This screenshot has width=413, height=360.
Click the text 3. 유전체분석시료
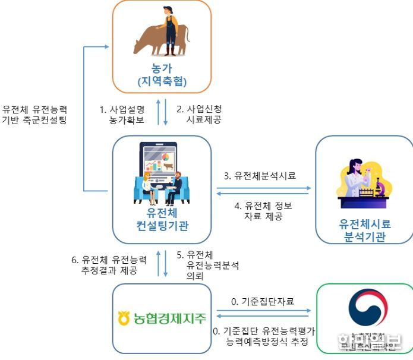tap(260, 175)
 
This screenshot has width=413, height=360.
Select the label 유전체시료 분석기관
tap(365, 231)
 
